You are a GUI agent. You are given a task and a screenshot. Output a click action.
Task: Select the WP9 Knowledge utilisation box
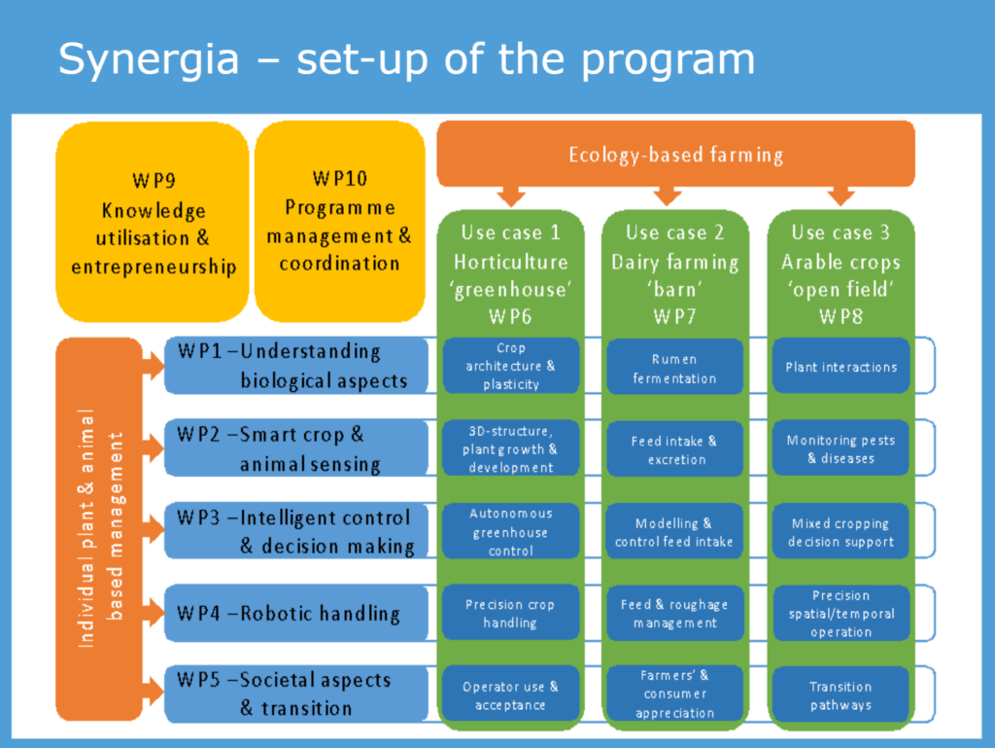click(153, 222)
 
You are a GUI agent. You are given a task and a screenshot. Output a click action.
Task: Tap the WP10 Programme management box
click(339, 222)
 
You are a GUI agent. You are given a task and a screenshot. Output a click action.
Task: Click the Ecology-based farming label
click(676, 155)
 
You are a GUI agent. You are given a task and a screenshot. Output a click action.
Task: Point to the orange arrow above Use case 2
click(667, 196)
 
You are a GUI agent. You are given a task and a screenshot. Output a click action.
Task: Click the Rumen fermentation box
click(674, 367)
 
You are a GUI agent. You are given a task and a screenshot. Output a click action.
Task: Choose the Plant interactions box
click(841, 367)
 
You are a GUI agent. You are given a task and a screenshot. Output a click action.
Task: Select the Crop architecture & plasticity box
click(511, 366)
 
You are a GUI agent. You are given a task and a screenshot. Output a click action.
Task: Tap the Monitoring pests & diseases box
click(841, 448)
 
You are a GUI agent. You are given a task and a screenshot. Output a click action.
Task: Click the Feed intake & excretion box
click(674, 449)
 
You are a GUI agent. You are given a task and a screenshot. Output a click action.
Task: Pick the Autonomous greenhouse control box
click(511, 531)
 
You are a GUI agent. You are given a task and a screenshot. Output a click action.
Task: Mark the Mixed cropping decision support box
click(841, 531)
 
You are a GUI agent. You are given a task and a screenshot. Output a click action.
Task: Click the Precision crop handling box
click(511, 613)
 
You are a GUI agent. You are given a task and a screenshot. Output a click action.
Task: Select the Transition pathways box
click(841, 695)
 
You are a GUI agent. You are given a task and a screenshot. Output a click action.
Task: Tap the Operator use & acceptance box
click(511, 695)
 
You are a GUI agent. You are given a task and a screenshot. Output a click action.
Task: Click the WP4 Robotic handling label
click(289, 614)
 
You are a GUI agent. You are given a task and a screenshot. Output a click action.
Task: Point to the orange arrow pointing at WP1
click(153, 366)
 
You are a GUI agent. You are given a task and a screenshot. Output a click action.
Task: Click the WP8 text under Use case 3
click(841, 316)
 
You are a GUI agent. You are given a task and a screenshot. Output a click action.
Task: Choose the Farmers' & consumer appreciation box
click(674, 695)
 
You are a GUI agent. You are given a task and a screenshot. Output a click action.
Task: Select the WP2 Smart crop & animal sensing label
click(279, 449)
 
